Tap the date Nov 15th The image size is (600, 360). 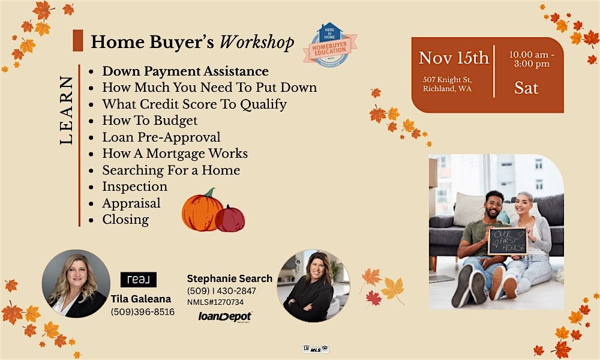click(x=454, y=58)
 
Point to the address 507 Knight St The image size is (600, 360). click(x=448, y=79)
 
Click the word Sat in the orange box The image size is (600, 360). click(x=526, y=88)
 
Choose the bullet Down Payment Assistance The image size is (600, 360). click(x=185, y=71)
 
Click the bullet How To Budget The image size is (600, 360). click(x=149, y=121)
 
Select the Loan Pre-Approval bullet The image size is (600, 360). click(x=161, y=137)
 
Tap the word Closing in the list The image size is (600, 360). click(x=125, y=220)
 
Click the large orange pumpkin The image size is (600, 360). click(x=202, y=211)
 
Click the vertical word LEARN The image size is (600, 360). click(x=67, y=110)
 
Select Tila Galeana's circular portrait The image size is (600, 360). click(x=76, y=283)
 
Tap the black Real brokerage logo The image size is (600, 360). click(x=139, y=280)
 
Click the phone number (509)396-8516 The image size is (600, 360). click(x=143, y=312)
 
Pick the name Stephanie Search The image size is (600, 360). click(x=230, y=278)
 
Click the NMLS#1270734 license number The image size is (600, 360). click(x=215, y=302)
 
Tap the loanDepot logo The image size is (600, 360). click(x=225, y=316)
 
